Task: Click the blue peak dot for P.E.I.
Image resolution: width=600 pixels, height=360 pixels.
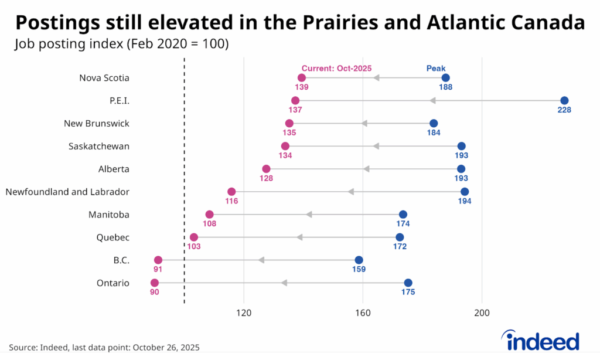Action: tap(564, 100)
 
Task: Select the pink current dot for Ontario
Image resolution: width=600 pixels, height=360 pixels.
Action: tap(155, 283)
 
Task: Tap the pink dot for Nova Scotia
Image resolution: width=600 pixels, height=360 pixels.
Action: tap(302, 77)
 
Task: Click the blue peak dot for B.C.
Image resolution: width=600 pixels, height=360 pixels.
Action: tap(359, 260)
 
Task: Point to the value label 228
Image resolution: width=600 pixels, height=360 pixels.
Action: tap(564, 110)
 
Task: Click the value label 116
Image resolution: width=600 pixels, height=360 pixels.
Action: tap(231, 201)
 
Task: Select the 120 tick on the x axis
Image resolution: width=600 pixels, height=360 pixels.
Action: tap(244, 313)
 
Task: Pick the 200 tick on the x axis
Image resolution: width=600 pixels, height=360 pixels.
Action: tap(482, 313)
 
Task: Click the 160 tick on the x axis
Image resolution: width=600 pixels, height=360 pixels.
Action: tap(363, 313)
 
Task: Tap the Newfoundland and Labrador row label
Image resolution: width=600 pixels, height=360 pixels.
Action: tap(67, 192)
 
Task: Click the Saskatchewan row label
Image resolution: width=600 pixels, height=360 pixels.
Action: tap(99, 146)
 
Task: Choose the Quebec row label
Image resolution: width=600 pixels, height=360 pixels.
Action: tap(112, 237)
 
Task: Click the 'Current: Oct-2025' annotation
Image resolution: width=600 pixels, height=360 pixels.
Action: tap(336, 68)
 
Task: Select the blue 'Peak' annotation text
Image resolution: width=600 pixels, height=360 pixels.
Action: tap(436, 68)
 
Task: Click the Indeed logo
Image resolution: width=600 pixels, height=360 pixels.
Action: tap(540, 340)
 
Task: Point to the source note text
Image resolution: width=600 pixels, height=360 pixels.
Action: tap(104, 347)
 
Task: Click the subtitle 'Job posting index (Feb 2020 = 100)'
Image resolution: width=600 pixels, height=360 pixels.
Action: tap(122, 43)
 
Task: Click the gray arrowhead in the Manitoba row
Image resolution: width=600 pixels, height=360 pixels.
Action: tap(309, 215)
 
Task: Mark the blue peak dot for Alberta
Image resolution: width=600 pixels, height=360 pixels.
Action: tap(461, 169)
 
